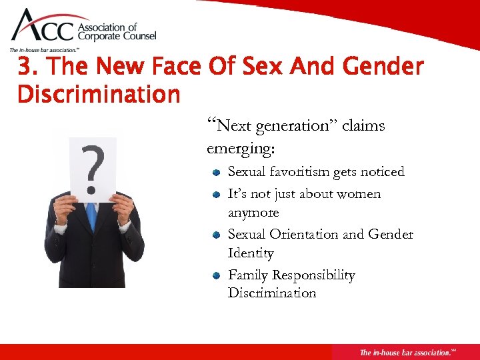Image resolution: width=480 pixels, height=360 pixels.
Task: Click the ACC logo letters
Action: pos(45,29)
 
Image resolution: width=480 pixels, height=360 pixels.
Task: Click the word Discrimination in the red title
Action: pos(99,94)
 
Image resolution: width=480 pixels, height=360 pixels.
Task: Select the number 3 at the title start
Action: pos(25,67)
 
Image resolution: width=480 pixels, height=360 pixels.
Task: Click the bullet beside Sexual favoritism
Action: pos(217,173)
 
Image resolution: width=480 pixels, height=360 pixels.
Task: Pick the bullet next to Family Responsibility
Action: pos(217,276)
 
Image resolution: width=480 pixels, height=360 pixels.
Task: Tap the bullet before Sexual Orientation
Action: pos(217,235)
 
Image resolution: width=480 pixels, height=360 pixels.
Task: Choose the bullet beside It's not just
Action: pos(217,195)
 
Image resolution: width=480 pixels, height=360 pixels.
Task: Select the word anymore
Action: pos(253,213)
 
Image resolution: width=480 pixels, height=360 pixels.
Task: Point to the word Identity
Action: pos(251,253)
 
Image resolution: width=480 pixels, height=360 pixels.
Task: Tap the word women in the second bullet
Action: pos(359,194)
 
